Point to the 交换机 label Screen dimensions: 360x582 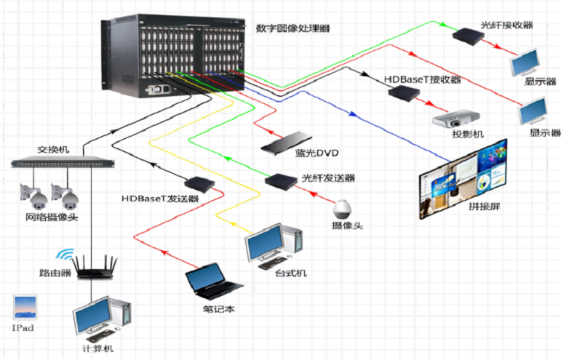coord(53,149)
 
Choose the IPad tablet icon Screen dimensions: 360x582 coord(24,307)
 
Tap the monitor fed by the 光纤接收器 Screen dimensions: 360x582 coord(525,64)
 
